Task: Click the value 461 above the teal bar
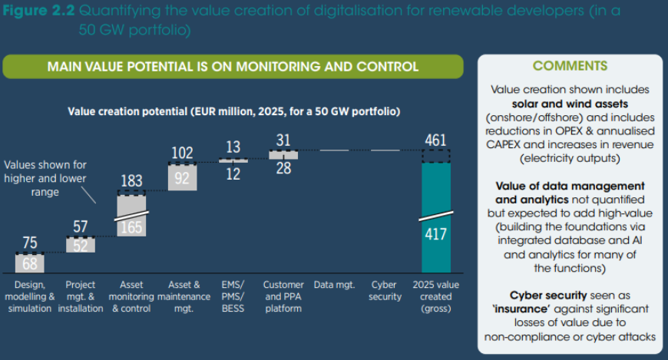[x=436, y=140]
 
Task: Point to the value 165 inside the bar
[x=131, y=227]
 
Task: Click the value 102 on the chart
[x=182, y=153]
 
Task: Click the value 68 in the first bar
[x=29, y=264]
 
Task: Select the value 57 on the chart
[x=81, y=227]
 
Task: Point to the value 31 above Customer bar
[x=283, y=140]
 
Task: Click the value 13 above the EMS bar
[x=233, y=147]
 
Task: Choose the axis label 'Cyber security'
[x=385, y=290]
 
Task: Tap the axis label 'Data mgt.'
[x=334, y=285]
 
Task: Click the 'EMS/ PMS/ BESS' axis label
[x=233, y=296]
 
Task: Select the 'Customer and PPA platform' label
[x=283, y=296]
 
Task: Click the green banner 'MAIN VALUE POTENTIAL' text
[x=233, y=66]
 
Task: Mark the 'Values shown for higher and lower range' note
[x=45, y=178]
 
